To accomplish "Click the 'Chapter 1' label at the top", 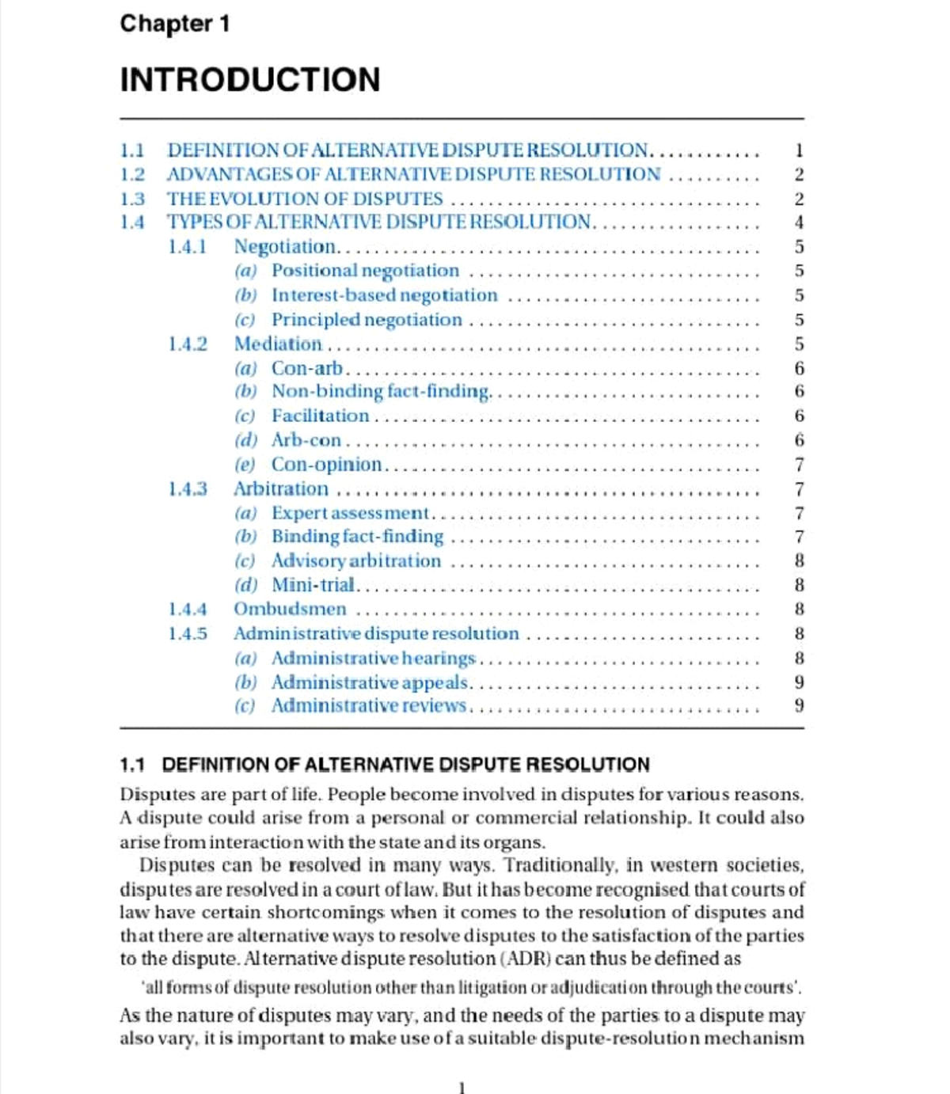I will [175, 24].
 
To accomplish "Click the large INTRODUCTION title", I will [250, 80].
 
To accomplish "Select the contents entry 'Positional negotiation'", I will [365, 271].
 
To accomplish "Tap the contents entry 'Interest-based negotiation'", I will [385, 295].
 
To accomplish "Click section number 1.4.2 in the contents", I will [188, 344].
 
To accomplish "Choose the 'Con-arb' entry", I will [307, 368].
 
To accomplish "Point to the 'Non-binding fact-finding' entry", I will [381, 391].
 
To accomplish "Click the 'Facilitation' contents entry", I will [321, 416].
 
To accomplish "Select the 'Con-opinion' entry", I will [326, 464].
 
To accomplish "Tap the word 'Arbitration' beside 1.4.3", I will [281, 488].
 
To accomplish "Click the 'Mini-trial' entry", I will [313, 585].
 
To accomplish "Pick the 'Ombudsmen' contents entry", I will [290, 609].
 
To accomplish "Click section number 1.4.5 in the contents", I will [188, 633].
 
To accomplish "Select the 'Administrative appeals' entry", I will [370, 682].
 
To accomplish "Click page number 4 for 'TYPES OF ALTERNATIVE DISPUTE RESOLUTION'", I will [799, 222].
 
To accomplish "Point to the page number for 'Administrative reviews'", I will [799, 705].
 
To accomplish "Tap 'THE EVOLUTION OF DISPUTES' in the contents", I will [305, 199].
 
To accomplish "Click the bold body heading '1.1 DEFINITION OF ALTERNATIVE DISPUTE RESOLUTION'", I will [385, 765].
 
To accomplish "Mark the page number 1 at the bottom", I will [462, 1087].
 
